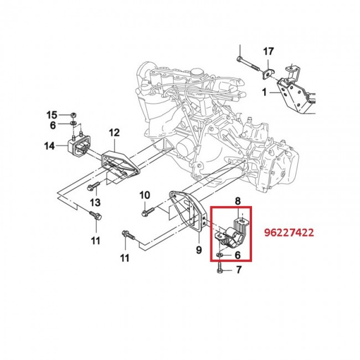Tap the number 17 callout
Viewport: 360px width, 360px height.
click(268, 52)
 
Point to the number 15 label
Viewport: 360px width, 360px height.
click(52, 115)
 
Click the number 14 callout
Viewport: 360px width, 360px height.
click(50, 146)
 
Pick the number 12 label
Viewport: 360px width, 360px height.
click(114, 132)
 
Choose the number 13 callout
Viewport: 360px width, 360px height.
click(95, 201)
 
